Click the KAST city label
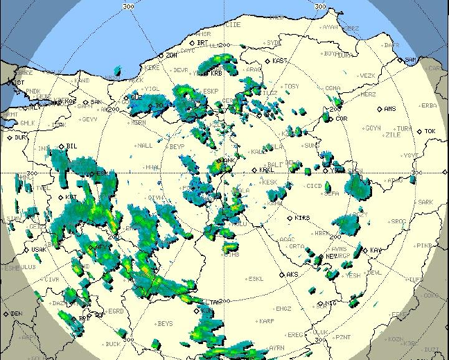[281, 61]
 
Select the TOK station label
[430, 131]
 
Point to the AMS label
[390, 109]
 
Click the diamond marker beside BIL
[61, 146]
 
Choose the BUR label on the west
[20, 137]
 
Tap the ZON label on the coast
[171, 55]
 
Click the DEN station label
[17, 314]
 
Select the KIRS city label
[302, 218]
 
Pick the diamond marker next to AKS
[282, 275]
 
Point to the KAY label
[376, 250]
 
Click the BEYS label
[165, 323]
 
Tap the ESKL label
[256, 279]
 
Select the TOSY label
[292, 86]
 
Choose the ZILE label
[393, 135]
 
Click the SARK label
[425, 202]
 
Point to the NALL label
[145, 146]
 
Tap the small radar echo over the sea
[117, 70]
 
